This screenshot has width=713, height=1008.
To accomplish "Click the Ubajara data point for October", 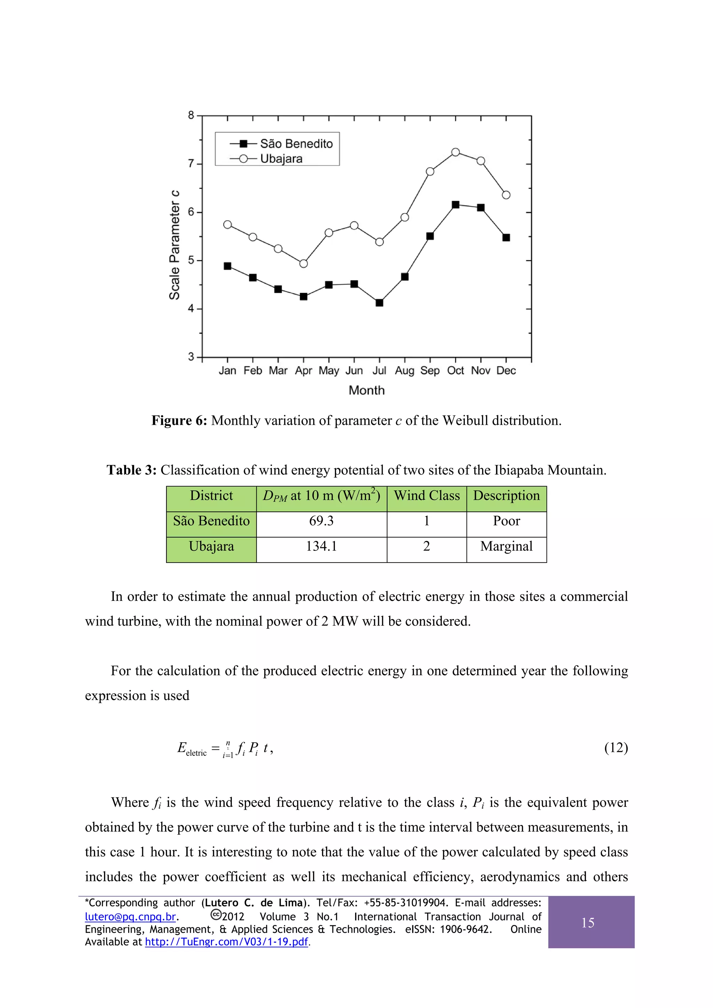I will coord(456,152).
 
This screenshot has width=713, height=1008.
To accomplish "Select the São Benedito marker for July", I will coord(379,302).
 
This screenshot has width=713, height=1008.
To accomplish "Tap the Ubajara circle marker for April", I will coord(304,263).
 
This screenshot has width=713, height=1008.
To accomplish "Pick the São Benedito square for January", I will coord(228,266).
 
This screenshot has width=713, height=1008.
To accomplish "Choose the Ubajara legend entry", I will coord(281,158).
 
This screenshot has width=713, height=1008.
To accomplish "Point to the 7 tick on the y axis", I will coord(191,164).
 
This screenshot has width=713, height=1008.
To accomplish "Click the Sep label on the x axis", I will coord(430,371).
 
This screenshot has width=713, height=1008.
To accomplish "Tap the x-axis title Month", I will coord(366,390).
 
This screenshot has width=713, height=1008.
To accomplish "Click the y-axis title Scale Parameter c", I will coord(174,245).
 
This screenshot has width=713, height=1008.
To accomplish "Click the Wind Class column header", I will coord(426,496).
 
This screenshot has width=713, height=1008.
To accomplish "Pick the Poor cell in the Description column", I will coord(506,521).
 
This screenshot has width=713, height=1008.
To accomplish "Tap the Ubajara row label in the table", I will coord(211,546).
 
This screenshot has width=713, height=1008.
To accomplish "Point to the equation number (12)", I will coord(616,747).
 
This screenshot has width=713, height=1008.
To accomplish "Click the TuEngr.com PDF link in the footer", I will coord(226,942).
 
